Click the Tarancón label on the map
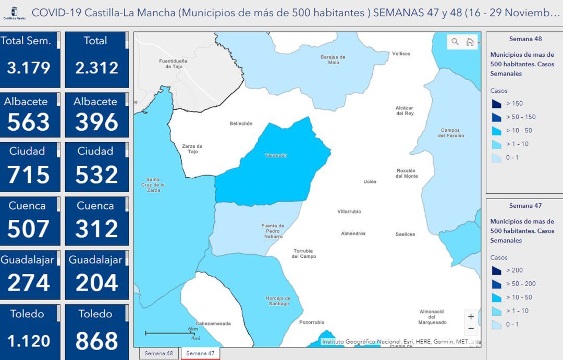(276, 156)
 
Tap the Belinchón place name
(241, 124)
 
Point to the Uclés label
(370, 182)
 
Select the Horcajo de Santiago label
(277, 301)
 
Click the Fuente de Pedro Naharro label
(273, 231)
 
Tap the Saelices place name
(405, 234)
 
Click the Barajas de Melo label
(333, 60)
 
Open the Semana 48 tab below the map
(158, 353)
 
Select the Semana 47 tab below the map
(200, 353)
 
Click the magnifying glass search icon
(455, 42)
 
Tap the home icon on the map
(470, 42)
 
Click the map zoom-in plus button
(471, 316)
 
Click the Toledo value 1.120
(29, 341)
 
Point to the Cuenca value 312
(96, 229)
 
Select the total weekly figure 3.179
(29, 68)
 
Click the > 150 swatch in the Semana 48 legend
(496, 103)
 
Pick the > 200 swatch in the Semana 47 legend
(496, 270)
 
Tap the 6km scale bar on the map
(170, 333)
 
